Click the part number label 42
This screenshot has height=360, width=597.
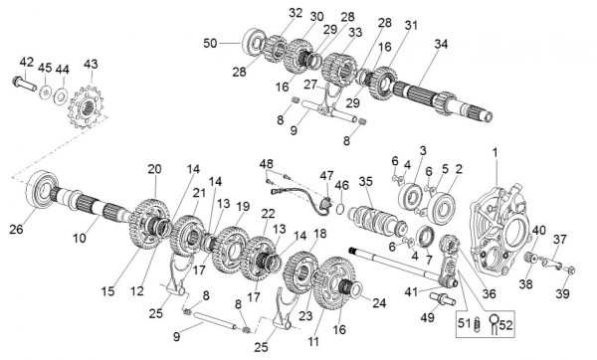click(27, 62)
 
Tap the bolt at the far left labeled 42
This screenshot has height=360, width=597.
click(24, 84)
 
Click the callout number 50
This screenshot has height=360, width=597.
click(210, 43)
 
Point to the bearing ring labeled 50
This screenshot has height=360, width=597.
click(254, 42)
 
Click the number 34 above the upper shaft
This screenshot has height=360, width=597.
click(441, 44)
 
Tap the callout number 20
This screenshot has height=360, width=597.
click(154, 169)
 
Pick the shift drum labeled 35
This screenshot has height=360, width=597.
click(377, 222)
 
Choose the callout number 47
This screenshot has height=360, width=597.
click(326, 175)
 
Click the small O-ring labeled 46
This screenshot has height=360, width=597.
click(340, 208)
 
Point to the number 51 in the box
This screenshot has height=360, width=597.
click(465, 323)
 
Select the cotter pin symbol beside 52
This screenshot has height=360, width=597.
click(494, 323)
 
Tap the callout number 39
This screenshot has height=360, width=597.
click(563, 293)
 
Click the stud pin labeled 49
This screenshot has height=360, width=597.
click(443, 298)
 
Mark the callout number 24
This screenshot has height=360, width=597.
click(379, 303)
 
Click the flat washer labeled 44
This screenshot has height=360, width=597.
click(60, 95)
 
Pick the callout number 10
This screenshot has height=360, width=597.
click(80, 239)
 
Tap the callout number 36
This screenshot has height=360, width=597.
click(490, 293)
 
